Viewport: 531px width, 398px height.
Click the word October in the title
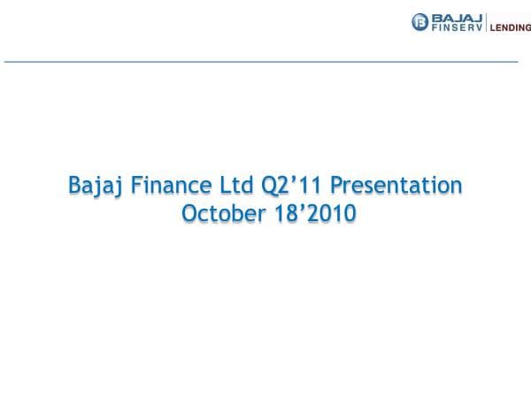pyautogui.click(x=218, y=214)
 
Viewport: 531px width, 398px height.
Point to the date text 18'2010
pyautogui.click(x=308, y=214)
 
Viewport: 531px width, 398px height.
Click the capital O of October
pyautogui.click(x=188, y=214)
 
